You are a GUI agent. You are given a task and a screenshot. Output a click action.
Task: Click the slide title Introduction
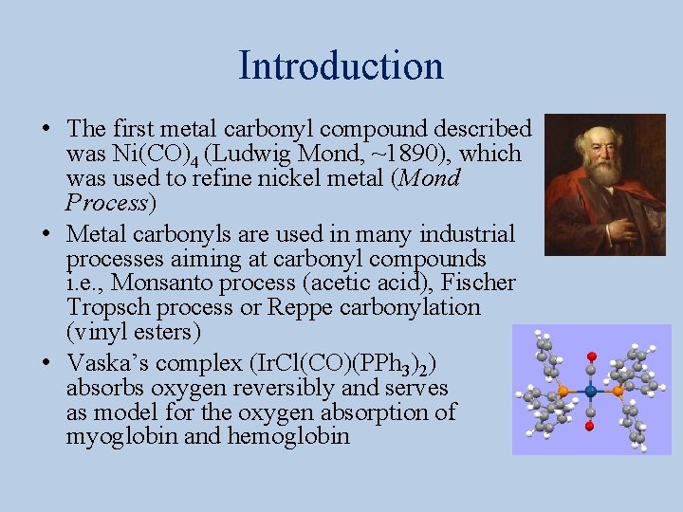click(x=341, y=66)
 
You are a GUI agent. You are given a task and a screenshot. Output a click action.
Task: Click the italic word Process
click(x=107, y=202)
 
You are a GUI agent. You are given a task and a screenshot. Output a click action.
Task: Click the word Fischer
click(x=482, y=283)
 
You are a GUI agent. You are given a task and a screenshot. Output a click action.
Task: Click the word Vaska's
click(x=107, y=363)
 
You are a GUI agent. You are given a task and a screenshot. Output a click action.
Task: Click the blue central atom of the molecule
click(x=591, y=391)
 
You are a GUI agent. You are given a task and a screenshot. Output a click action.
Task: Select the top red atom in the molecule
click(x=591, y=357)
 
